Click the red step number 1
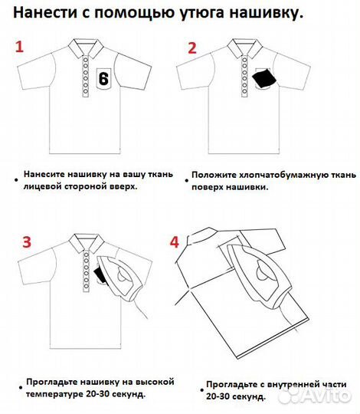pyautogui.click(x=21, y=47)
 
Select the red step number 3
pyautogui.click(x=26, y=243)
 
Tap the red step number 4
pyautogui.click(x=174, y=242)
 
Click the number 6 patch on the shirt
pyautogui.click(x=104, y=78)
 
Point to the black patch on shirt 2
pyautogui.click(x=263, y=79)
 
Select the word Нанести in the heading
pyautogui.click(x=45, y=13)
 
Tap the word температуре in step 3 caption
pyautogui.click(x=57, y=393)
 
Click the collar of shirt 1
pyautogui.click(x=83, y=46)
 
